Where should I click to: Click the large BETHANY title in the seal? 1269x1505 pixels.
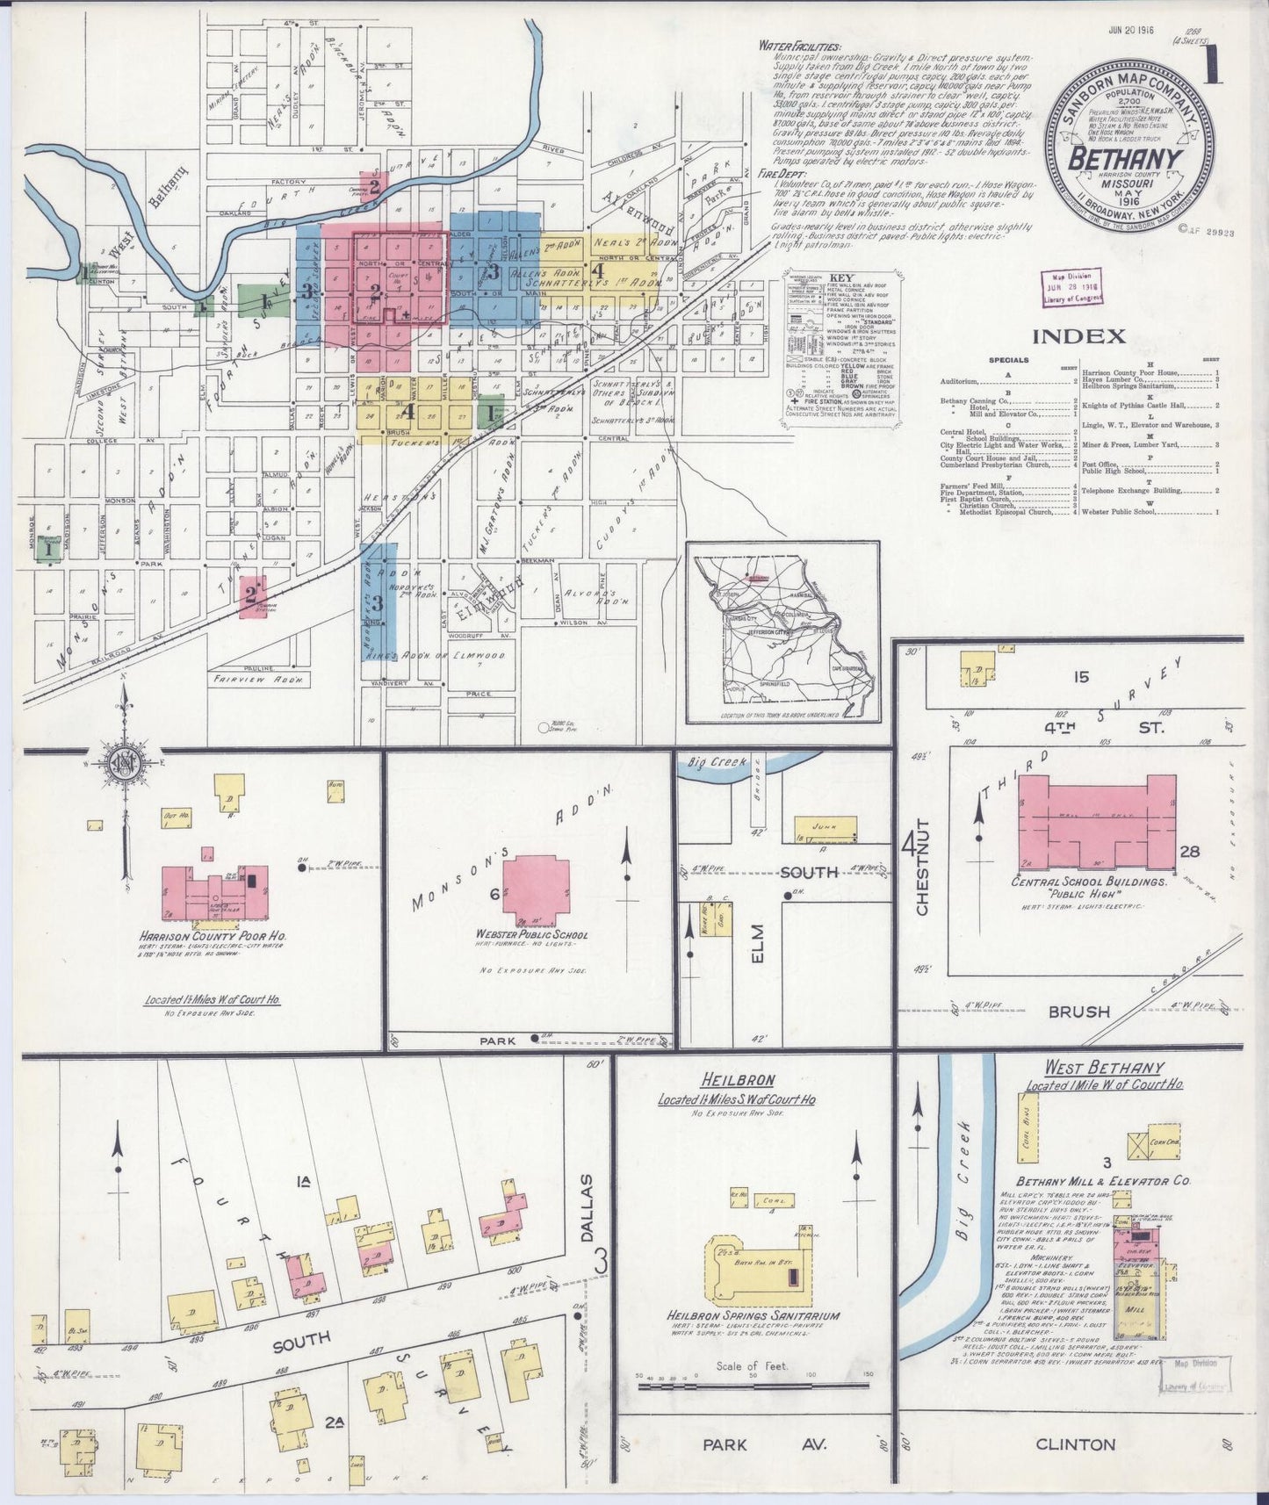[1123, 157]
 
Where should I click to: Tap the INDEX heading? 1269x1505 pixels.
[1078, 335]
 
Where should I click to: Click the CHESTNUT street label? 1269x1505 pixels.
[922, 882]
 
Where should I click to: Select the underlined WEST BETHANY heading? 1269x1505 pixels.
[1103, 1069]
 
